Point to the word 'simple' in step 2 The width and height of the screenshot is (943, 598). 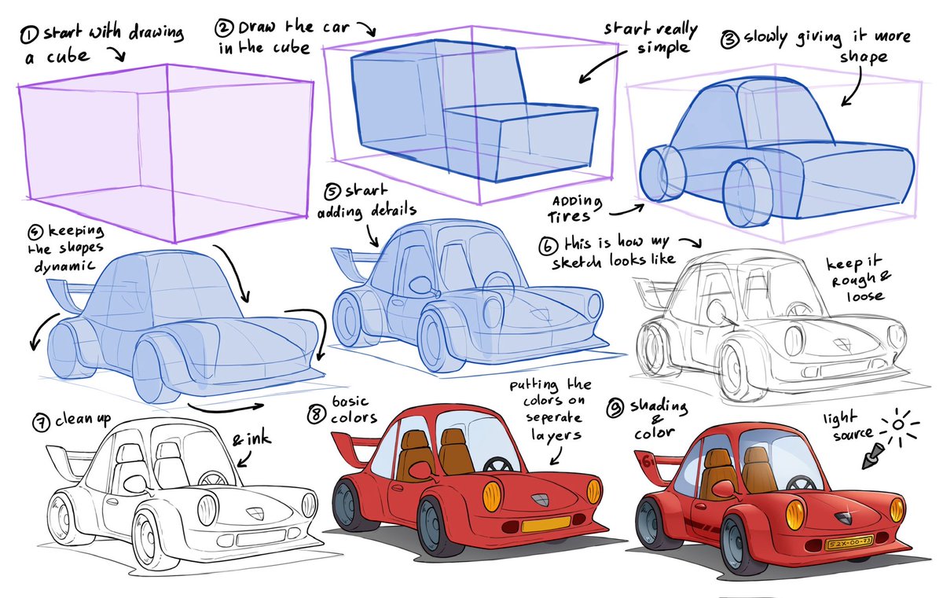tap(663, 48)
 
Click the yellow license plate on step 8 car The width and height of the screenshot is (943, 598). tap(545, 523)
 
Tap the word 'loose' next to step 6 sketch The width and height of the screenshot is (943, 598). tap(865, 297)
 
